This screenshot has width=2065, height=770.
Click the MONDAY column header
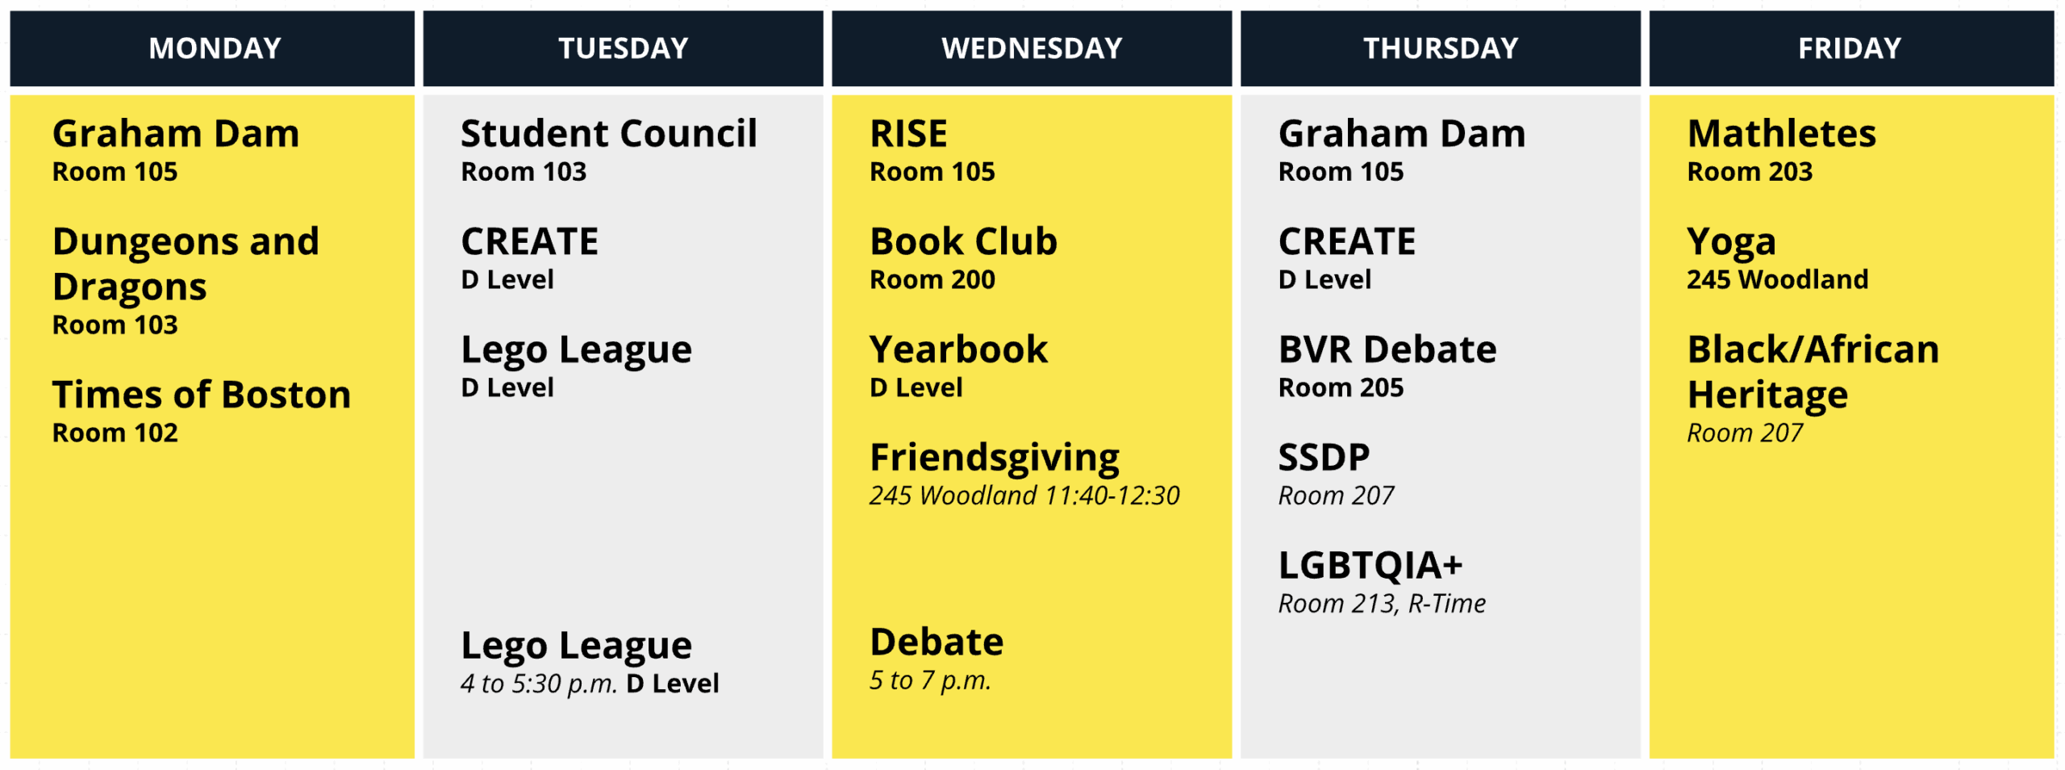[x=215, y=48]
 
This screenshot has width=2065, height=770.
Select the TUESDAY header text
[x=624, y=48]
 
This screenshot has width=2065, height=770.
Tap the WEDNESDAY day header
[x=1032, y=48]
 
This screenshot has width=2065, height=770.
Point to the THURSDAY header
[x=1441, y=48]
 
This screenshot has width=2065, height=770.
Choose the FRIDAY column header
[x=1850, y=48]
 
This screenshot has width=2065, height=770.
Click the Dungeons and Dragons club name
[x=186, y=264]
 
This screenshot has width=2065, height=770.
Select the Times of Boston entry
[x=202, y=394]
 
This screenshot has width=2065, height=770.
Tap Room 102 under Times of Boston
[x=115, y=433]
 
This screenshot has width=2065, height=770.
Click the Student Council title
[x=609, y=133]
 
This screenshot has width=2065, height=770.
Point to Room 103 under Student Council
[x=524, y=171]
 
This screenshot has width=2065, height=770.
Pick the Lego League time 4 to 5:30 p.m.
[x=539, y=684]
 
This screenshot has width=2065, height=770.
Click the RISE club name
[x=908, y=133]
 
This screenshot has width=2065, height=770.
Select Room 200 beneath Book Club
[x=932, y=279]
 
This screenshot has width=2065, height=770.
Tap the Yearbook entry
[x=958, y=349]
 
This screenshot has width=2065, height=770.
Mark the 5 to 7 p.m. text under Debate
[x=930, y=680]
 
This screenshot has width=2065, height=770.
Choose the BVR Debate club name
[x=1387, y=349]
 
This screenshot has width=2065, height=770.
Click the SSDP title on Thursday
[x=1324, y=457]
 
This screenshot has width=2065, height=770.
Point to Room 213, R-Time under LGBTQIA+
[x=1382, y=603]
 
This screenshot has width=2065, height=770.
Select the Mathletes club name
[x=1781, y=133]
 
